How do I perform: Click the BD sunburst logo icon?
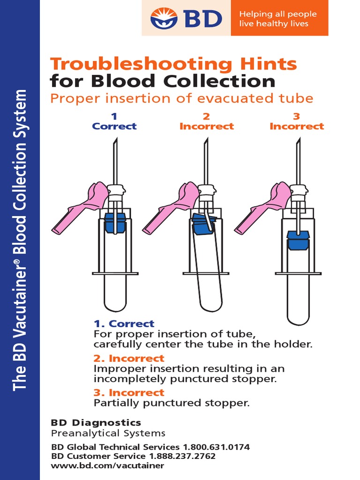tap(164, 18)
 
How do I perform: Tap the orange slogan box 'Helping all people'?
tap(279, 19)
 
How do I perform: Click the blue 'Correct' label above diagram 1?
tap(114, 126)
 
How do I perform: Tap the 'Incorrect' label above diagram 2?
tap(206, 126)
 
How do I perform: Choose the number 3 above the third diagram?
tap(297, 116)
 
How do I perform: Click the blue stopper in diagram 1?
tap(115, 222)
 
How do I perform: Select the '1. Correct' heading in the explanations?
tap(124, 324)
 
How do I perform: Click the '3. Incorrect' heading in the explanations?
tap(129, 392)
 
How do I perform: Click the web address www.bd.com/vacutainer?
tap(107, 465)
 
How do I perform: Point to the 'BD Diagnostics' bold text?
tap(96, 423)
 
